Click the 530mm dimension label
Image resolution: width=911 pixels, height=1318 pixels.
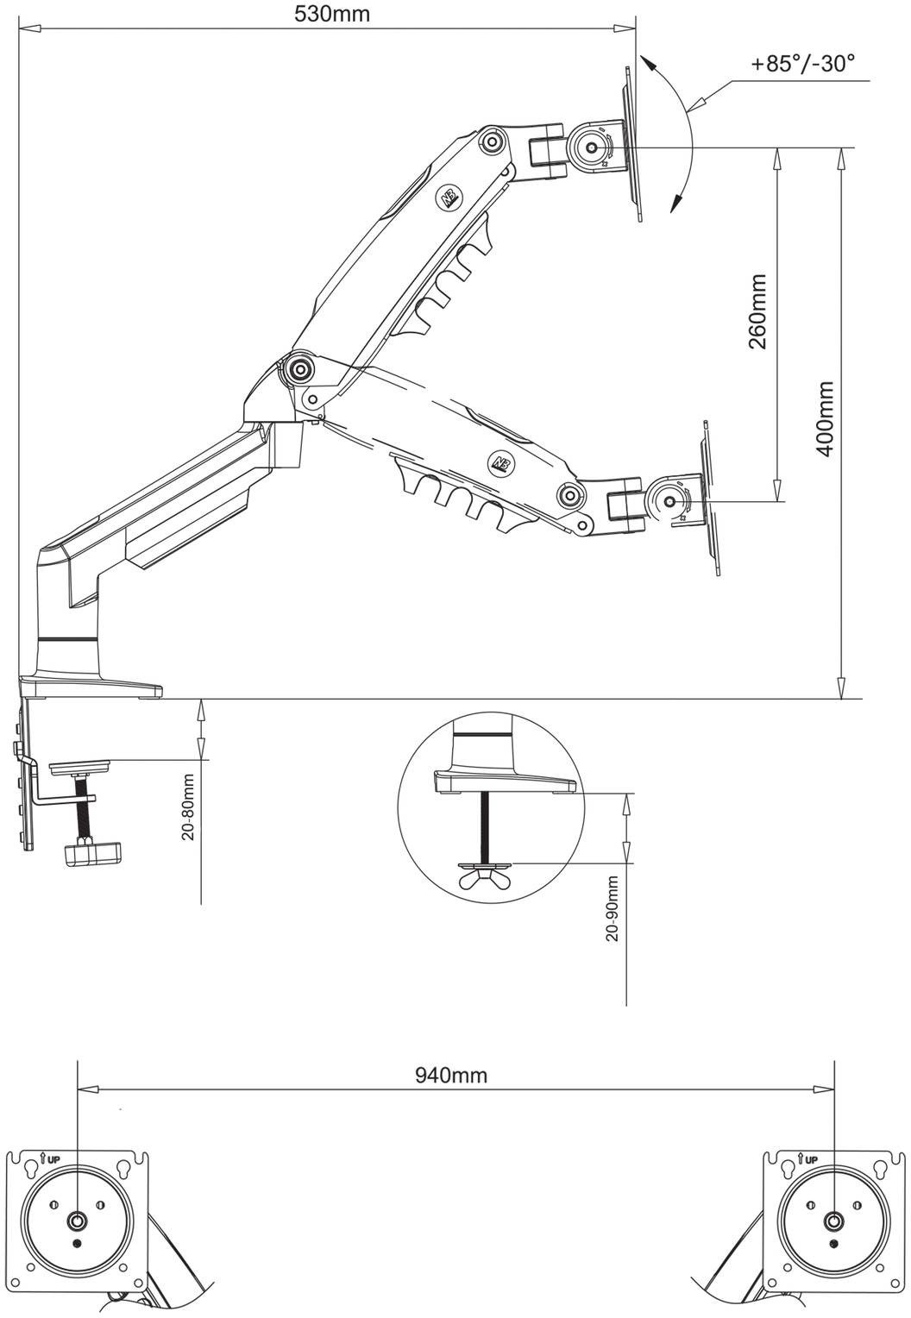332,14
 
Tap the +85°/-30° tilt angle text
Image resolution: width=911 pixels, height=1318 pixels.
802,63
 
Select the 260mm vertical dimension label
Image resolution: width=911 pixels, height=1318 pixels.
758,311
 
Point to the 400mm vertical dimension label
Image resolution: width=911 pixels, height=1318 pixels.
825,419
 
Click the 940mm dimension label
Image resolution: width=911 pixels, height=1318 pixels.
451,1075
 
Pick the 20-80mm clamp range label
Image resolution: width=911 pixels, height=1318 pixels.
188,806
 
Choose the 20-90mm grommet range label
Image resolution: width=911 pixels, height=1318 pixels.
613,908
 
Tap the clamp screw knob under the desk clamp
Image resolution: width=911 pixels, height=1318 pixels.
91,852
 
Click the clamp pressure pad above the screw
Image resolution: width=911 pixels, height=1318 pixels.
79,768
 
